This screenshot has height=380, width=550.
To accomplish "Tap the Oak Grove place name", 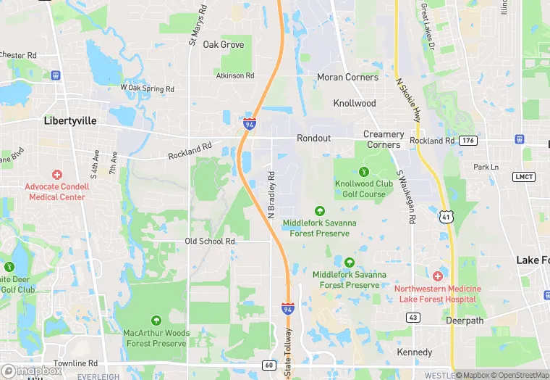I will tap(224, 44).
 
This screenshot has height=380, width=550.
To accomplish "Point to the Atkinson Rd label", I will tap(235, 75).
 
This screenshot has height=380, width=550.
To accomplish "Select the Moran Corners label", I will tap(347, 77).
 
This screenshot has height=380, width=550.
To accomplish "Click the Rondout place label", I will tap(313, 139).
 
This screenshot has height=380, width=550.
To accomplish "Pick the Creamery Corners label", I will tap(384, 139).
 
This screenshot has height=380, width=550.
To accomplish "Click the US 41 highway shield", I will tap(447, 215).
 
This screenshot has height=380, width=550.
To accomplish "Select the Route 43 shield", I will tap(413, 317).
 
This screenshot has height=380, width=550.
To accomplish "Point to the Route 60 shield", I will tap(270, 365).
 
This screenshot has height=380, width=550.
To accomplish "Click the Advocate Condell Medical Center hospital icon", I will tap(57, 175).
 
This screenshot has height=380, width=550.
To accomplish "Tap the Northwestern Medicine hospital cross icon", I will tap(437, 277).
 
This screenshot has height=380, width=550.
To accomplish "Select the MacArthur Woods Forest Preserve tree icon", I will tap(156, 321).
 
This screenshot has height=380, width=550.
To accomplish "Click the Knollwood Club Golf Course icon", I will tap(364, 172).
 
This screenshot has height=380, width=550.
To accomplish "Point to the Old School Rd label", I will tap(211, 241).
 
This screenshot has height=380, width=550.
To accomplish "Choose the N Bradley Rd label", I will tap(272, 195).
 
